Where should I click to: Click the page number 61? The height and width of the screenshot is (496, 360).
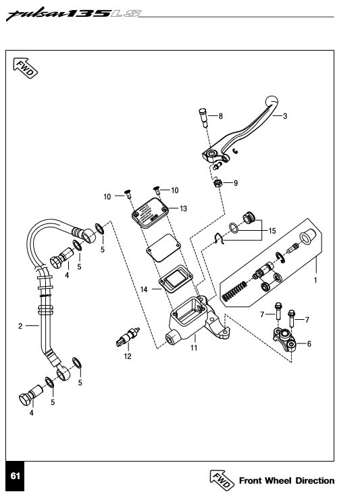16,476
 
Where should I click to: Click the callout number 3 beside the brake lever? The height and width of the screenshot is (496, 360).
285,116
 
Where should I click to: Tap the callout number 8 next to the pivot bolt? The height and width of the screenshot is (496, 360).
221,116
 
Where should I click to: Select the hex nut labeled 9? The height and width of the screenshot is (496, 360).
218,183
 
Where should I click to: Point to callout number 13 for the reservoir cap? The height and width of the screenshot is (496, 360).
183,209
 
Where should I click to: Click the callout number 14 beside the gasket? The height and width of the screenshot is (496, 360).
144,290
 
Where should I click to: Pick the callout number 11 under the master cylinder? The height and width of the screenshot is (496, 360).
194,348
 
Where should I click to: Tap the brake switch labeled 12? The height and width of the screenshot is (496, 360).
128,337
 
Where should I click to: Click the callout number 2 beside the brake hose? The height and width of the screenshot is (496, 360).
20,326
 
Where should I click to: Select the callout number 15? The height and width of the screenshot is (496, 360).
272,231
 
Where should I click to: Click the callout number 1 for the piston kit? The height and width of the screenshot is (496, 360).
315,280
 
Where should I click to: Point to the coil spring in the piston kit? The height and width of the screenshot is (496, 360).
234,291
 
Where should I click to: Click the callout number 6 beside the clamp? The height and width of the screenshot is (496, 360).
309,344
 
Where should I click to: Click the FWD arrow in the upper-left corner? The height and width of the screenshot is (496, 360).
26,68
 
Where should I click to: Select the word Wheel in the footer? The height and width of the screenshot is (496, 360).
278,480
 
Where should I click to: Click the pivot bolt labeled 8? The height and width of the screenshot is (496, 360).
203,117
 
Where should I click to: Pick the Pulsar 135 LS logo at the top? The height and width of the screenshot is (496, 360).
74,14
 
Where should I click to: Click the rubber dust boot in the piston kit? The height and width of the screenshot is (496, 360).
307,236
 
